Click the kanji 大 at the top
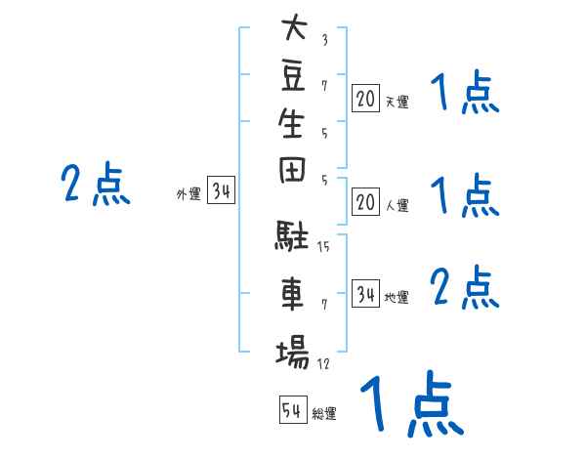point(295,26)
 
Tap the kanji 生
point(291,123)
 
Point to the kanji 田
point(292,170)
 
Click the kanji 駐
point(291,234)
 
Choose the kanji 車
point(292,293)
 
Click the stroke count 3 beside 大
point(325,40)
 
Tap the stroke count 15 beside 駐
point(323,246)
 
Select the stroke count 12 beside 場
point(323,363)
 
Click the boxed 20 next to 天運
point(365,99)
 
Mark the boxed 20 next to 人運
point(365,202)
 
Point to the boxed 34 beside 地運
point(365,294)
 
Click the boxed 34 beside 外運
point(221,190)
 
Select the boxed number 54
point(293,409)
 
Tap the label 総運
point(324,414)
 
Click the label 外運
point(188,194)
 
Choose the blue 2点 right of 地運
point(465,287)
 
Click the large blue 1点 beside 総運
point(412,404)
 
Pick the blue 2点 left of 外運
point(96,184)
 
